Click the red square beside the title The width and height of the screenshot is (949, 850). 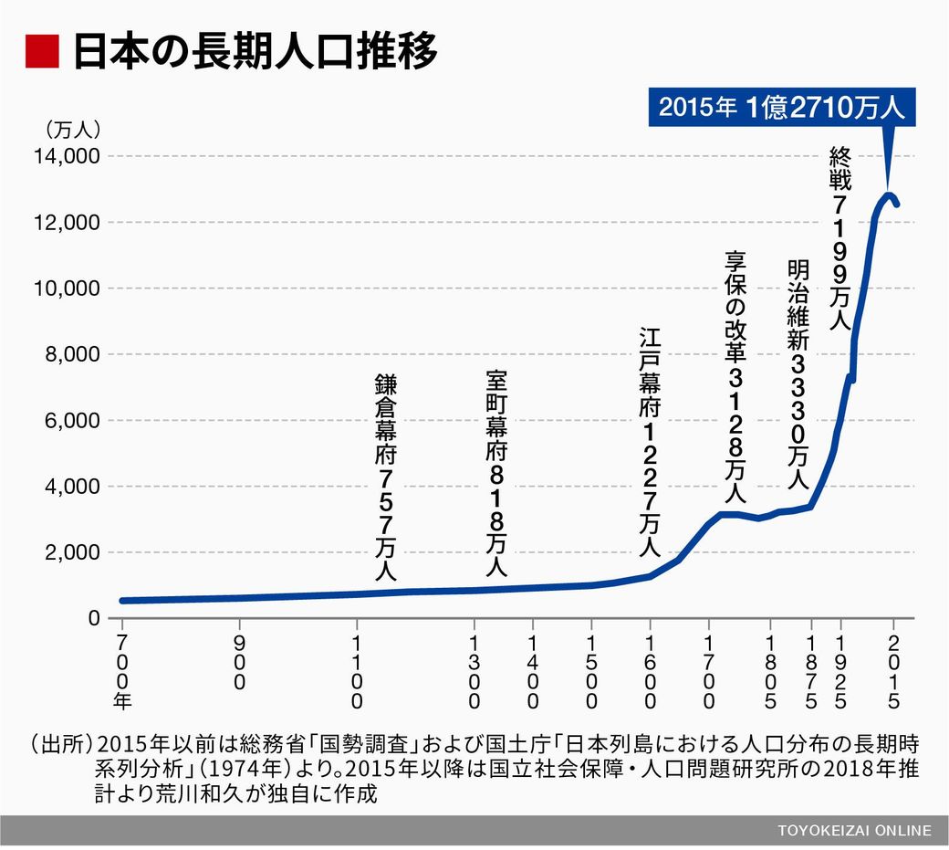(x=41, y=51)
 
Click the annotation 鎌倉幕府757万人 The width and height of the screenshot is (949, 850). (x=386, y=476)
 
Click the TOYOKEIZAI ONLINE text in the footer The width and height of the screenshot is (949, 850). (x=855, y=830)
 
